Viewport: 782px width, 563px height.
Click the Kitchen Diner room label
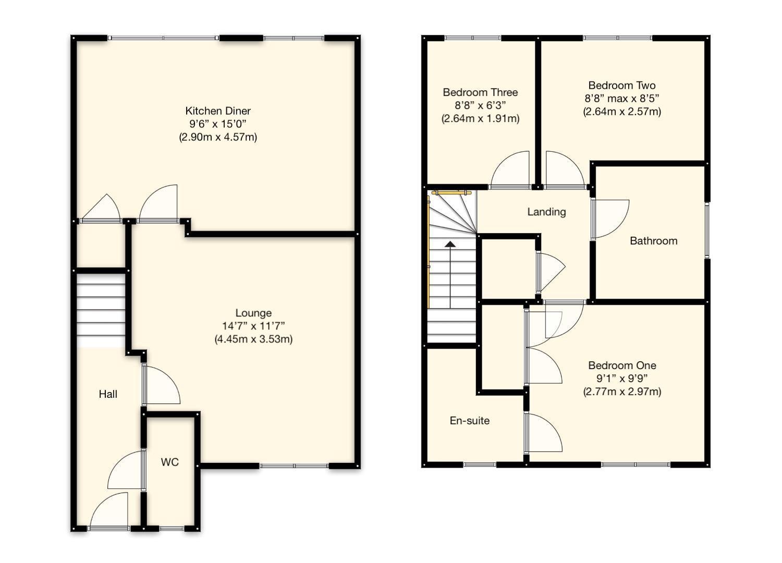pyautogui.click(x=218, y=111)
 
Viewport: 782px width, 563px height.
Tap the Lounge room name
pyautogui.click(x=253, y=313)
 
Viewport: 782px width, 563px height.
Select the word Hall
pyautogui.click(x=108, y=395)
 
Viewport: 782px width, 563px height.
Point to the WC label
pyautogui.click(x=169, y=462)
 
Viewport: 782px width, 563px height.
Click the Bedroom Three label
pyautogui.click(x=480, y=92)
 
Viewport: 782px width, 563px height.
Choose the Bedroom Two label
pyautogui.click(x=622, y=85)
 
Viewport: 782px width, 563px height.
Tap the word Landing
pyautogui.click(x=547, y=212)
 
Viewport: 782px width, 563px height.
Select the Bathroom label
pyautogui.click(x=654, y=241)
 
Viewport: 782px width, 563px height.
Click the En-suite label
pyautogui.click(x=470, y=421)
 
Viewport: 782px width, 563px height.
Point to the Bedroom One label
pyautogui.click(x=622, y=365)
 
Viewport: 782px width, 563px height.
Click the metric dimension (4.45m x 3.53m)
pyautogui.click(x=253, y=339)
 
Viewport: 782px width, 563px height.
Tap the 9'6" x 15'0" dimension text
pyautogui.click(x=218, y=124)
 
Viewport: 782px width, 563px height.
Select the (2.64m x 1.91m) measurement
pyautogui.click(x=480, y=119)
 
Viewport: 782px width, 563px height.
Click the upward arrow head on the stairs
pyautogui.click(x=450, y=244)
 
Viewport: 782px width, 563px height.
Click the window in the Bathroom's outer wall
pyautogui.click(x=707, y=231)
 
